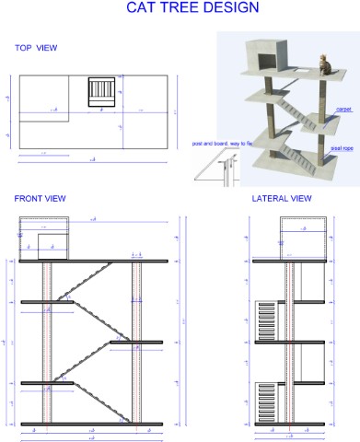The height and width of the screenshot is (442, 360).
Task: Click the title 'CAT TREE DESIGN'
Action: (180, 8)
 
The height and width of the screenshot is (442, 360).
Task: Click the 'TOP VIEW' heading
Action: (37, 48)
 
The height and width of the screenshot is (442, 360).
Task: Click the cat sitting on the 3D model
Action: (324, 65)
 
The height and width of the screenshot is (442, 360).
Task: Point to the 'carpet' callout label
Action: (343, 109)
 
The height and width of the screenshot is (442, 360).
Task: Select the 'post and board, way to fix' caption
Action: (222, 144)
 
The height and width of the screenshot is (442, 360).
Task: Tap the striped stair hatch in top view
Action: (99, 94)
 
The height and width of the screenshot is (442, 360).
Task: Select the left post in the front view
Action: (48, 341)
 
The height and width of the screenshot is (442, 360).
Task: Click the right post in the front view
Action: (138, 341)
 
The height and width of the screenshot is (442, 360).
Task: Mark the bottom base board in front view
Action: (92, 424)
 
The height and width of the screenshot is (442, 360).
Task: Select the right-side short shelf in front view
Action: (138, 342)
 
